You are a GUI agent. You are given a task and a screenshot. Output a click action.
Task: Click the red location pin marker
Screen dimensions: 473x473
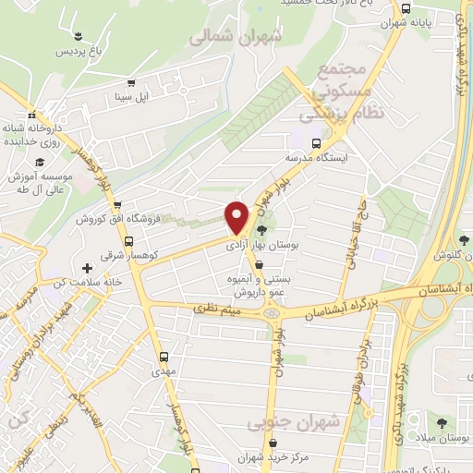[236, 216]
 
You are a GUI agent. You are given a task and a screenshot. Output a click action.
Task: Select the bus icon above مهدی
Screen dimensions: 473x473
[164, 357]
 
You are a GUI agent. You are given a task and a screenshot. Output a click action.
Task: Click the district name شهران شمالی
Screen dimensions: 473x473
[235, 36]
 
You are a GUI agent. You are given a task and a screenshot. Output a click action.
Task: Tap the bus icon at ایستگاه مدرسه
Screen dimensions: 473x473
[317, 143]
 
